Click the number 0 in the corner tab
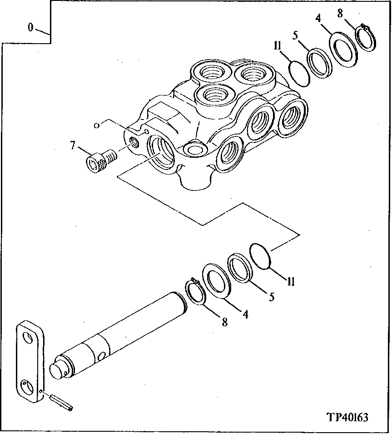30,28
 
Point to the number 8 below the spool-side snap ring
224,322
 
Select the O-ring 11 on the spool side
261,257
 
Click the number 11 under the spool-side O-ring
291,282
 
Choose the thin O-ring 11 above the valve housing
299,73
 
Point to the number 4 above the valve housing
318,20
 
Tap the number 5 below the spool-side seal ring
271,298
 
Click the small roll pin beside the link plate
62,402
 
